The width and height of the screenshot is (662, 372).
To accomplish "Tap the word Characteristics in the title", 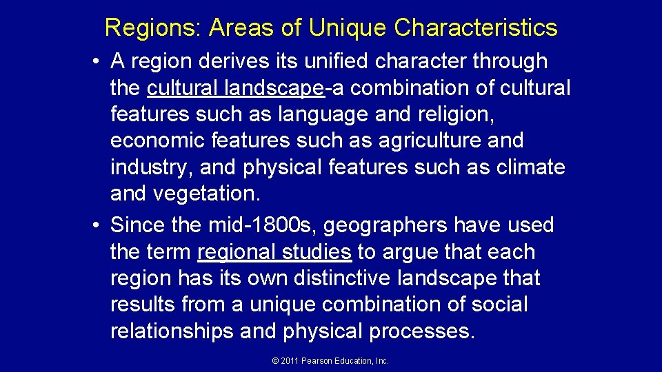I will [476, 28].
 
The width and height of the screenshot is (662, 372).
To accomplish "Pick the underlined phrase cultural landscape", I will [235, 88].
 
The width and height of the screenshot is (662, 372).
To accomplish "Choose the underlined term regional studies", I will [274, 252].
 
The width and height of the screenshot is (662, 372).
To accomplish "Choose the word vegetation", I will [206, 194].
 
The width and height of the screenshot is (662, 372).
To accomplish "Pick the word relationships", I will [172, 331].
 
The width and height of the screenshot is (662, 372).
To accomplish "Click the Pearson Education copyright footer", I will [331, 360].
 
